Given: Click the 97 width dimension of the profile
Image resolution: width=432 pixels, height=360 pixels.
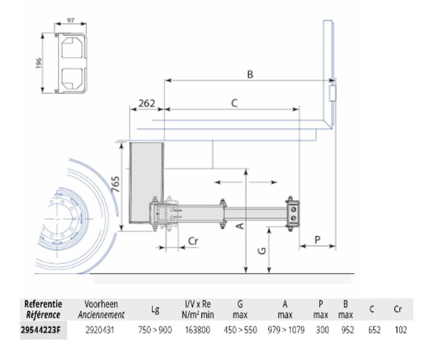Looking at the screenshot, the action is (x=71, y=21).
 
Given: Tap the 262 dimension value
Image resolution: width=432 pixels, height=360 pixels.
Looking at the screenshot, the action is (x=147, y=103).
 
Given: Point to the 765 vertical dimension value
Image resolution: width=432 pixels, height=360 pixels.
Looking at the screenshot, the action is (x=116, y=184).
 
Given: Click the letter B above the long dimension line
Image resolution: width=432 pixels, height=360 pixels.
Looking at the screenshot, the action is (x=250, y=74).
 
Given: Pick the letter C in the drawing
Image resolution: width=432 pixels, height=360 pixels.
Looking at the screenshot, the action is (x=234, y=103).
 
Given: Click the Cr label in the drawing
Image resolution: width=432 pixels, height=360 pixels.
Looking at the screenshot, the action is (x=193, y=241).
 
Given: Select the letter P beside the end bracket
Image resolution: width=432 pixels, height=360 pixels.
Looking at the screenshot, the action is (x=317, y=239).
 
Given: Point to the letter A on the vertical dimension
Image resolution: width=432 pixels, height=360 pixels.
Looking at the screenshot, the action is (x=241, y=226).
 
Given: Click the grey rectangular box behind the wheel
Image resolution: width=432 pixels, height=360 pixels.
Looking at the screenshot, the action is (x=147, y=183).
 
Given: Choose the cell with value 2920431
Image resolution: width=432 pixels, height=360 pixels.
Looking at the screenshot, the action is (x=99, y=330).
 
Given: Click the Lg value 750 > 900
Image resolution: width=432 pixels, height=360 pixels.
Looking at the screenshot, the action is (x=155, y=330).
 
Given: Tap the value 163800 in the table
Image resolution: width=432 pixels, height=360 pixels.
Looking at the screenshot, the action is (x=197, y=330).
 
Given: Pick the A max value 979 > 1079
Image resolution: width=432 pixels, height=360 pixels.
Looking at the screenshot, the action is (x=286, y=330).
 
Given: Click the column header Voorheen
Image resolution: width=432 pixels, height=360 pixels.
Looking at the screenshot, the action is (x=101, y=304).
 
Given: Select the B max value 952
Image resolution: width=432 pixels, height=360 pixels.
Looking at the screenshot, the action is (x=347, y=330).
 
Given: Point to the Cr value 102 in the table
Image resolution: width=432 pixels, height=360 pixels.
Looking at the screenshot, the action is (x=401, y=330).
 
